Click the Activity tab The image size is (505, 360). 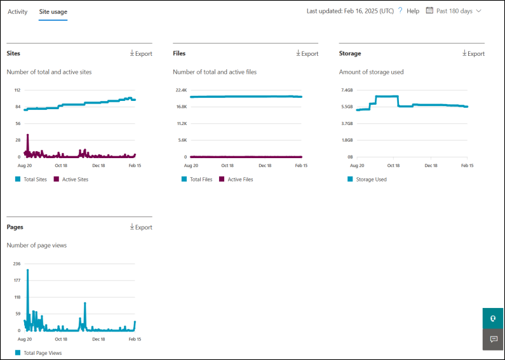17,11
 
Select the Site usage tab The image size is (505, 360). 53,11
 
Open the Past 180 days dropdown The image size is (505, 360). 454,11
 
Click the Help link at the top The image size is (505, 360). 413,11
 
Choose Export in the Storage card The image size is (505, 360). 473,53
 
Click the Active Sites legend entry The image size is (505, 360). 75,179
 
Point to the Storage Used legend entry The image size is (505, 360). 371,179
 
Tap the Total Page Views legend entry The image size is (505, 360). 42,352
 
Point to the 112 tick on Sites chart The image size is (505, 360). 17,90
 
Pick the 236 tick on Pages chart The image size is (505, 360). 17,263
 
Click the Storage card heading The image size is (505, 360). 350,53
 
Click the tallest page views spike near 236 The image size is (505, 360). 28,272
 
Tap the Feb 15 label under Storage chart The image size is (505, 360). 467,166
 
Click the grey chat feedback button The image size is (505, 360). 494,339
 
